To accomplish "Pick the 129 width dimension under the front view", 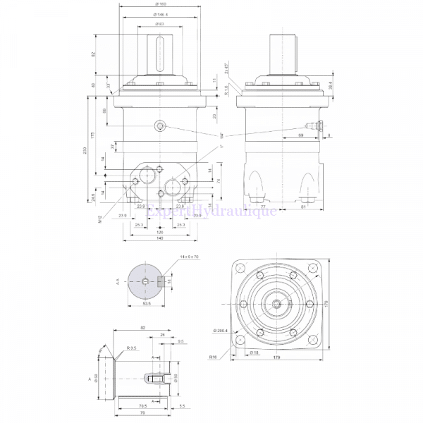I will (159, 232).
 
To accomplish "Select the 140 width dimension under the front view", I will (159, 240).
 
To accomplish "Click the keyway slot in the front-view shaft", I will (159, 53).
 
